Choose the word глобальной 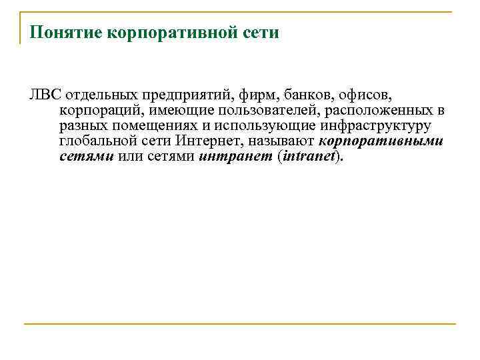coord(98,142)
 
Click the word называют coord(283,142)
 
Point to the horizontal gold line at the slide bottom coord(240,324)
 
